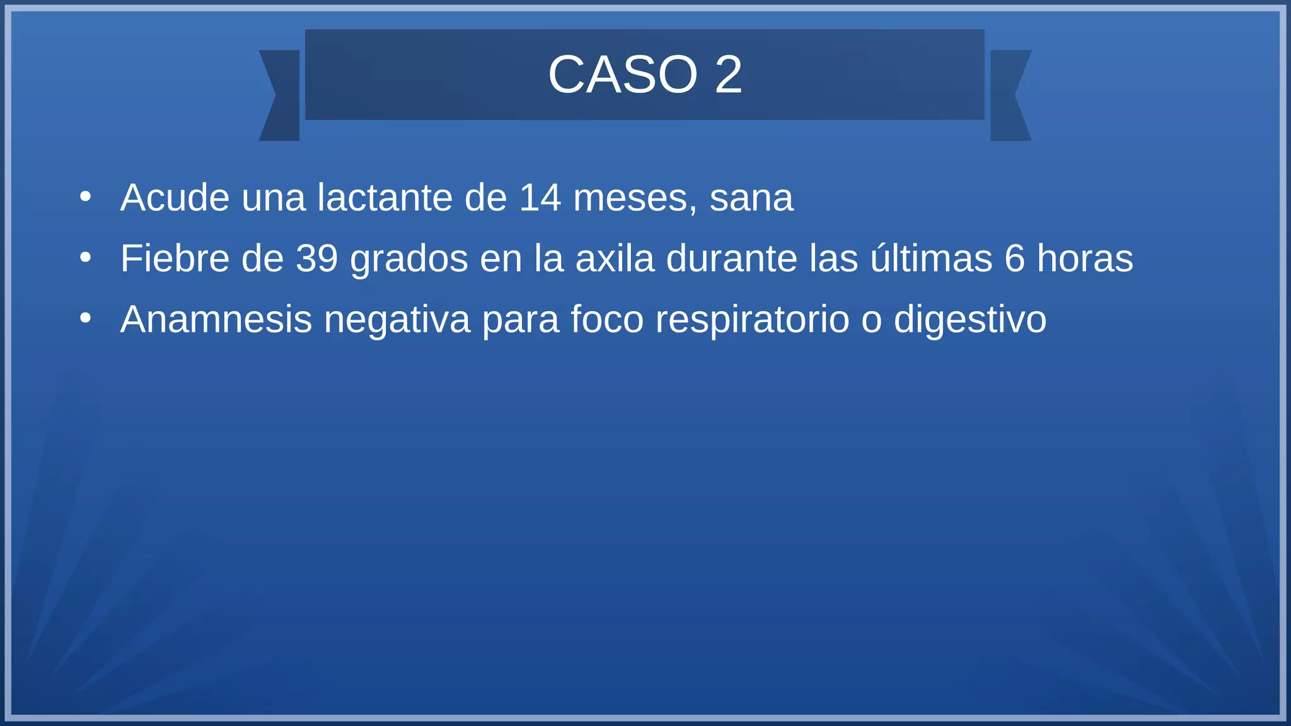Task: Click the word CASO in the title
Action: tap(623, 75)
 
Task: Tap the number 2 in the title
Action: tap(728, 75)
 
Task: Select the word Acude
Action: tap(175, 198)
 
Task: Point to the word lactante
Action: tap(385, 198)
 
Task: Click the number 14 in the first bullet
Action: tap(540, 198)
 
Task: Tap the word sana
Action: tap(751, 198)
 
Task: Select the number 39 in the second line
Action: tap(317, 258)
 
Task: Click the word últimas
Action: tap(931, 258)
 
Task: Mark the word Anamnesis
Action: tap(216, 320)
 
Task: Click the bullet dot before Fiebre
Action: tap(86, 258)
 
